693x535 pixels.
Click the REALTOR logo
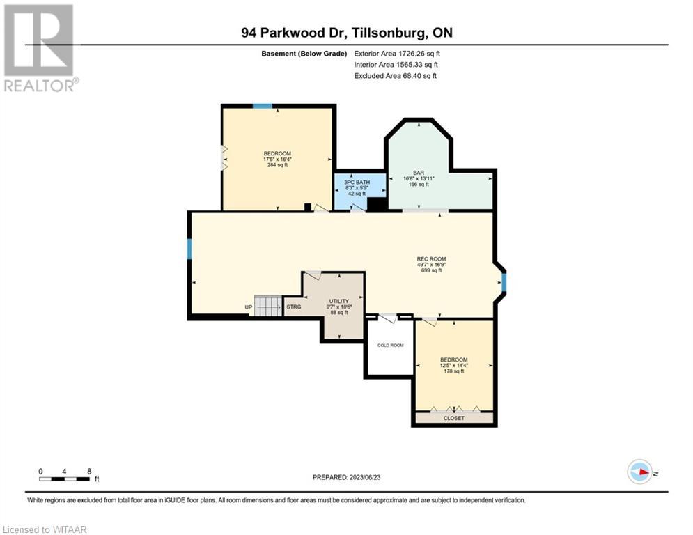(x=39, y=47)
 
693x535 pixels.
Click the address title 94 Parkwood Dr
(x=346, y=32)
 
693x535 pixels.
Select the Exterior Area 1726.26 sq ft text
(x=397, y=53)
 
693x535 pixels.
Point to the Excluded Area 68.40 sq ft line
(x=395, y=76)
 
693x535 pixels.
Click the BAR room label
(x=419, y=173)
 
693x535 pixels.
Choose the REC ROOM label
(x=432, y=259)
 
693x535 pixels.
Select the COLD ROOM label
(x=390, y=346)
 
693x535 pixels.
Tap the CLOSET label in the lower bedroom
(x=454, y=418)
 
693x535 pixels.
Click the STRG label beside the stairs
(x=293, y=307)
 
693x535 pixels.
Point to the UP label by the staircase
(x=248, y=307)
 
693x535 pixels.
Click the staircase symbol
(x=267, y=306)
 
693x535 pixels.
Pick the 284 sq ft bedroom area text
(x=277, y=165)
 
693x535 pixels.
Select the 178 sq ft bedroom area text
(x=453, y=371)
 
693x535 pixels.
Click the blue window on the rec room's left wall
(x=189, y=249)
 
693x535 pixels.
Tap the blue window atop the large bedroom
(x=263, y=106)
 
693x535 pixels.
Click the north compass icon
(x=639, y=472)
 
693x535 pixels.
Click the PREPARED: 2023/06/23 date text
(x=346, y=477)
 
